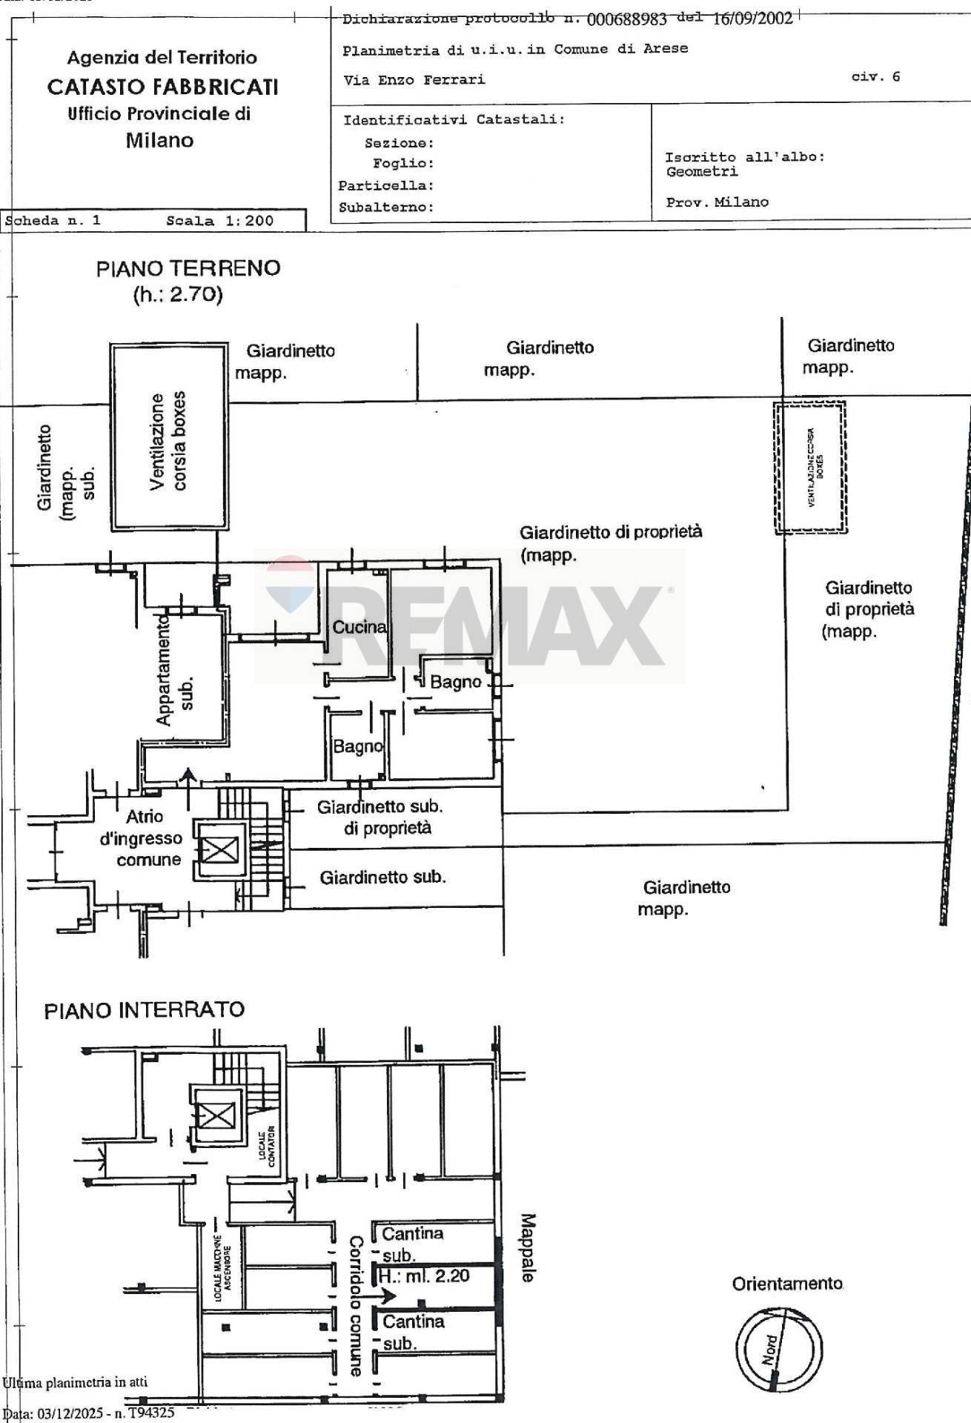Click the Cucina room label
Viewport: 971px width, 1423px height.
[359, 627]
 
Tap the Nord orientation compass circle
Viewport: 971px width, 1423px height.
[778, 1348]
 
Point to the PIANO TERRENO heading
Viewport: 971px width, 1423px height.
[188, 268]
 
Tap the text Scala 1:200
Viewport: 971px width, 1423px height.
[219, 221]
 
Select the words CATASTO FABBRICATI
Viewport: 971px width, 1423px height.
[162, 87]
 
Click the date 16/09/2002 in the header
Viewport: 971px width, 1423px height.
[752, 19]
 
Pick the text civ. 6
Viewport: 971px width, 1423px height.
[875, 76]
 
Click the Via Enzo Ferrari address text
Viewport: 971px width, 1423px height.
[414, 79]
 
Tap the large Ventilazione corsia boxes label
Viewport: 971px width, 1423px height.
[168, 441]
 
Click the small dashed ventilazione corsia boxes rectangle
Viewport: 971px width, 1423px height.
[810, 468]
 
